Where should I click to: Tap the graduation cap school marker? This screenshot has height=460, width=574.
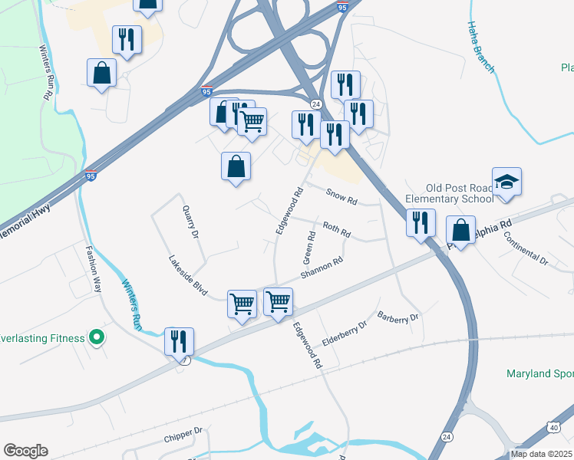coord(506,182)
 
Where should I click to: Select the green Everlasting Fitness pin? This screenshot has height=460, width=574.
coord(96,337)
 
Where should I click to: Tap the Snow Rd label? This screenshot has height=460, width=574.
coord(342,198)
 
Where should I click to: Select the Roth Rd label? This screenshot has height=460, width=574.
coord(336,228)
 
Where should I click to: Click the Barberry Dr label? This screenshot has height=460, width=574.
coord(398,316)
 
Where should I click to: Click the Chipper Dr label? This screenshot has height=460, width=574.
coord(182,438)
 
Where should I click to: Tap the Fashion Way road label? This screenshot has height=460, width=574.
coord(94,264)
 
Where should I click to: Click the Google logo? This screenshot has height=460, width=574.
coord(25,451)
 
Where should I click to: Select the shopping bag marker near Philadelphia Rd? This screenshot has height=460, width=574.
coord(460,230)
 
